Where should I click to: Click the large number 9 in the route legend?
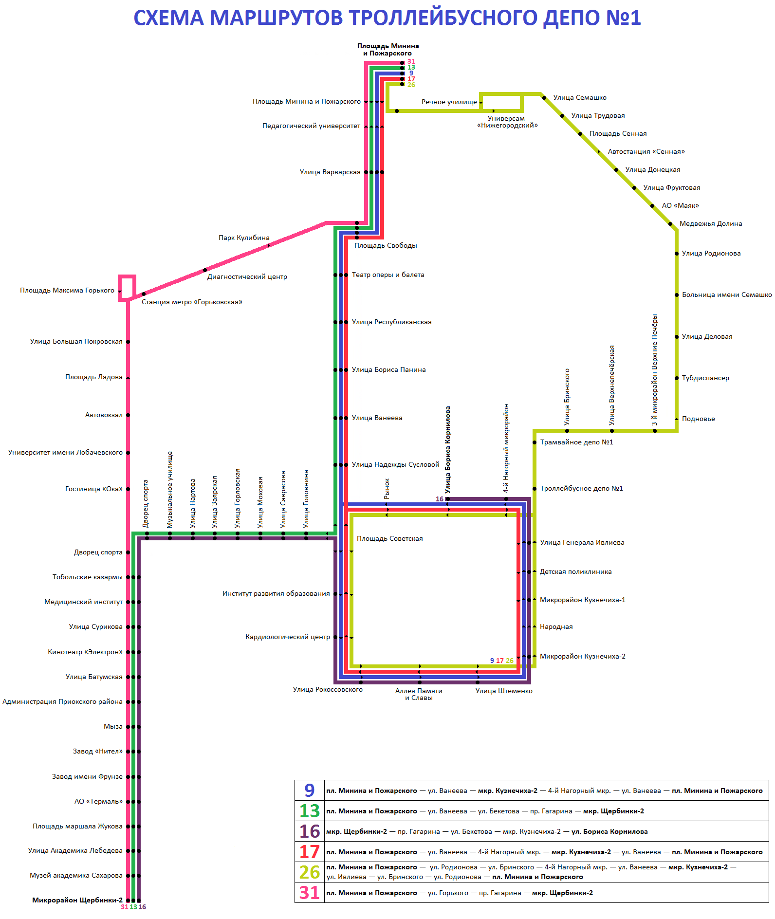coord(309,790)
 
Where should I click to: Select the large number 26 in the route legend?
coord(309,872)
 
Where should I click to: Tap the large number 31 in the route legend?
coord(309,892)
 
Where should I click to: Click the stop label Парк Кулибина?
coord(244,238)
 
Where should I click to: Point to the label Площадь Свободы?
coord(386,245)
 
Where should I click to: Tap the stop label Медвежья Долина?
coord(710,223)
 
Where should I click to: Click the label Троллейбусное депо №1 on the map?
coord(581,488)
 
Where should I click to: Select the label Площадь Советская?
coord(389,538)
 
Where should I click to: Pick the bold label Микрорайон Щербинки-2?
coord(77,900)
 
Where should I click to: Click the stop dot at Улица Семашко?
coord(544,98)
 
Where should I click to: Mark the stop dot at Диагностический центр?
coord(205,270)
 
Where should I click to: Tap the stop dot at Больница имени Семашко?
coord(677,295)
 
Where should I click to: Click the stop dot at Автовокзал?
coord(128,415)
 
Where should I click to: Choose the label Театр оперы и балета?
coord(388,275)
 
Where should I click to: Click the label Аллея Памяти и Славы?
coord(419,694)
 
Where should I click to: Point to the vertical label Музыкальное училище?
coord(170,489)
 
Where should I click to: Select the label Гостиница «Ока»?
coord(94,489)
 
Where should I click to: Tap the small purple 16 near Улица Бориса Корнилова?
coord(440,499)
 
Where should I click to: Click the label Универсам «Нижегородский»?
coord(507,122)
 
